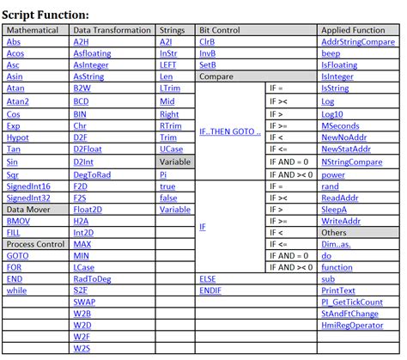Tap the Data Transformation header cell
[x=112, y=30]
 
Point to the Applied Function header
[x=353, y=30]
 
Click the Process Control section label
[x=36, y=245]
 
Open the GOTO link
[x=17, y=256]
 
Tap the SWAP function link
[x=84, y=302]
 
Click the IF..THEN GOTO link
[x=229, y=131]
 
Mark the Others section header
[x=334, y=232]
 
